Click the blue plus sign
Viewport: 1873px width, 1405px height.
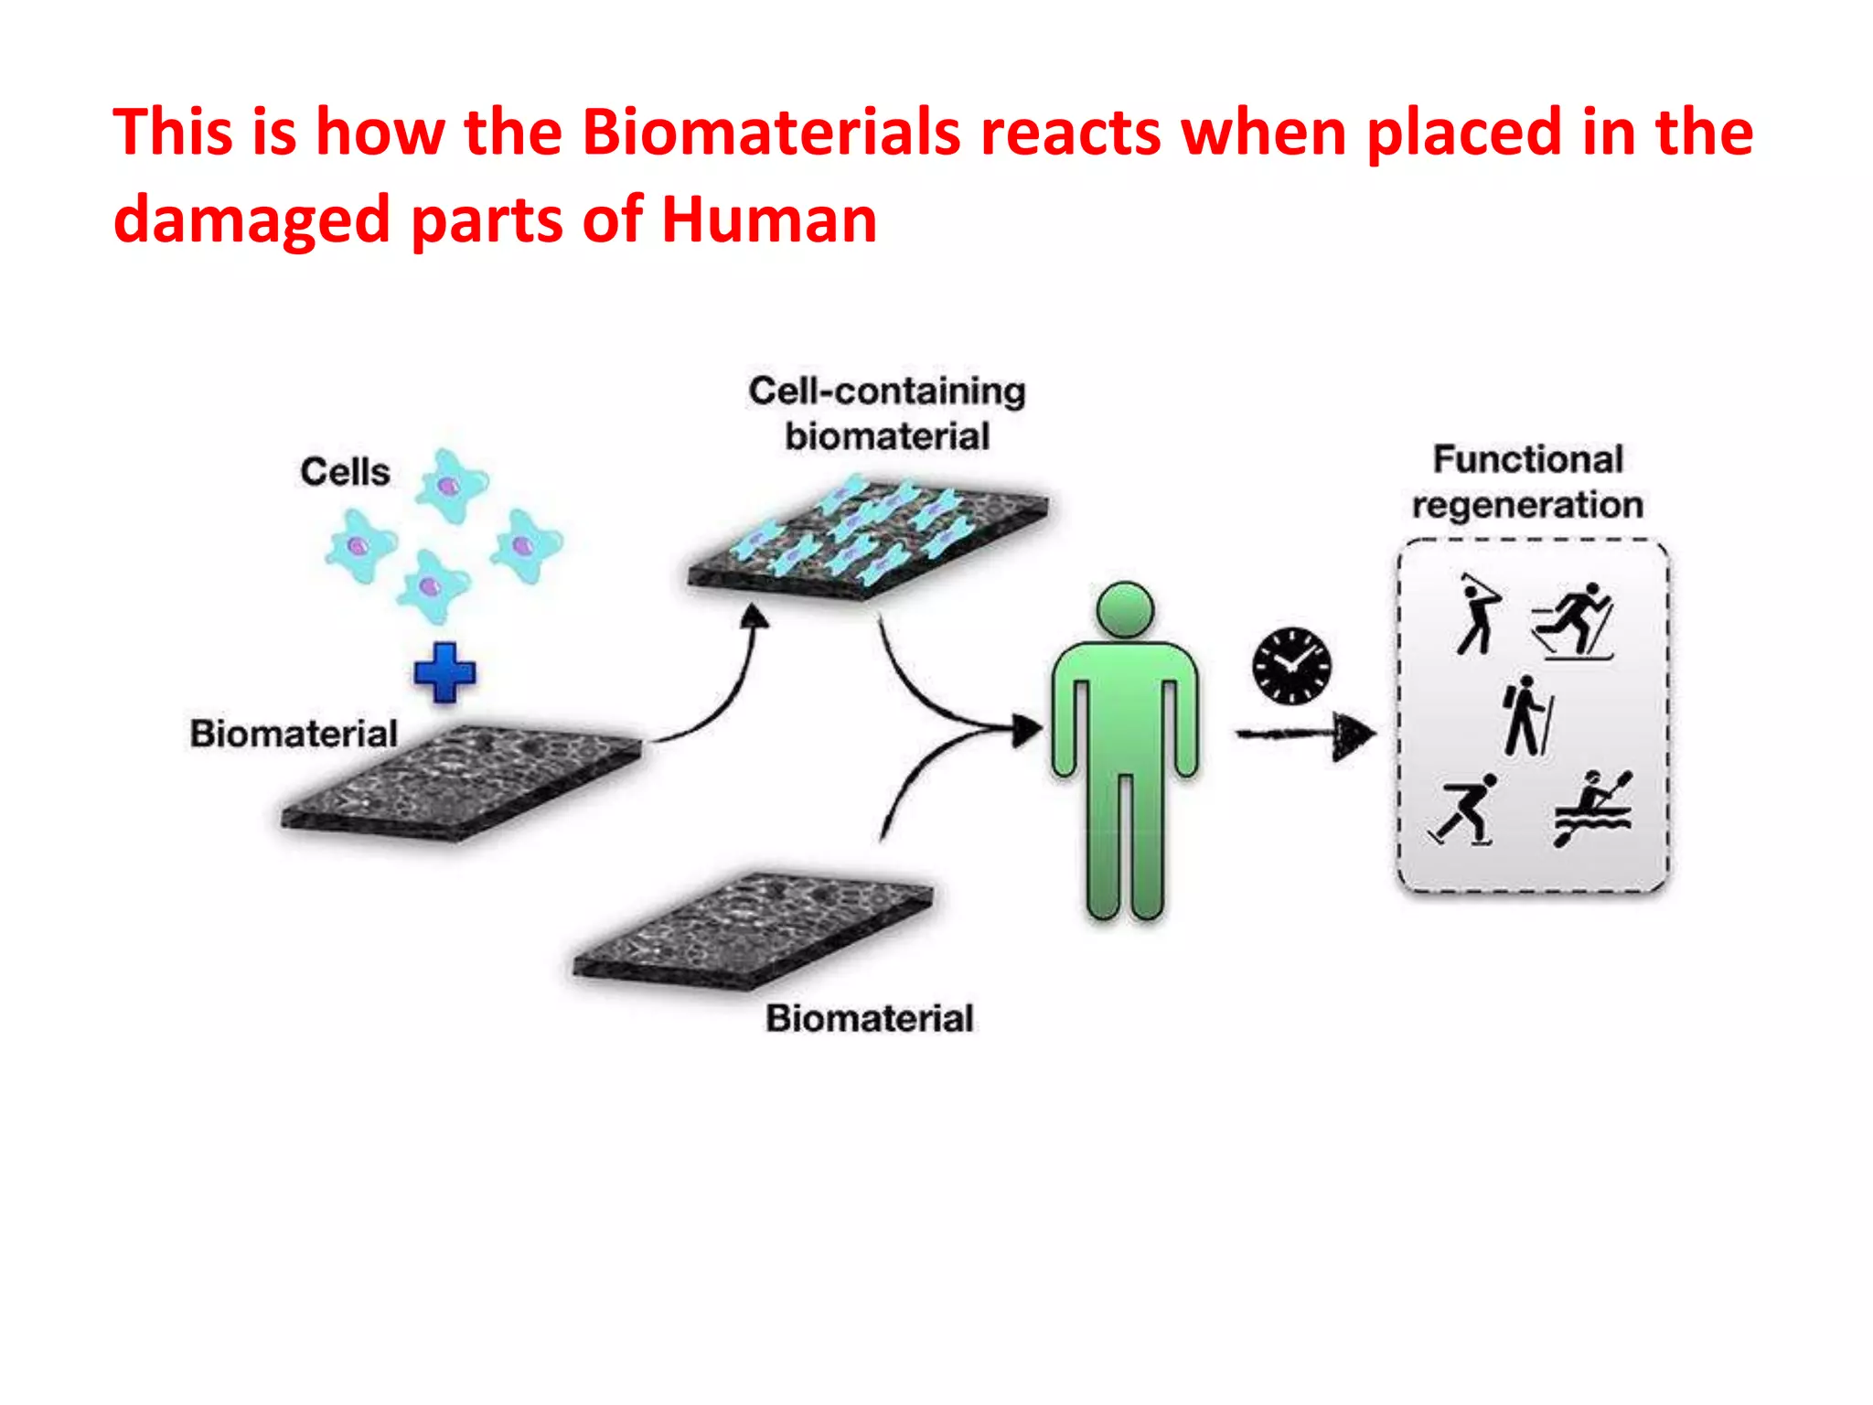[x=444, y=672]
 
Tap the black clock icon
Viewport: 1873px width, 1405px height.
[x=1291, y=665]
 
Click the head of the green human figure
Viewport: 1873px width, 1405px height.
[x=1125, y=609]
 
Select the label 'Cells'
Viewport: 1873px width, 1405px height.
[x=345, y=472]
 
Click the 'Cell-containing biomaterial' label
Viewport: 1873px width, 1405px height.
[x=886, y=413]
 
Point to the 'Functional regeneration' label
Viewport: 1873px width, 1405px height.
[x=1527, y=481]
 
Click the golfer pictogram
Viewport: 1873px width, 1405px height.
[x=1477, y=614]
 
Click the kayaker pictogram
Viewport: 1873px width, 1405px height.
[x=1592, y=808]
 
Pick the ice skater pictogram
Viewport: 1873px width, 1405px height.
[x=1465, y=810]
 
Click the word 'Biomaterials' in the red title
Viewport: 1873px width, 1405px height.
[x=771, y=131]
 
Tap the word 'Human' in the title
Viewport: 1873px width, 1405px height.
[x=768, y=220]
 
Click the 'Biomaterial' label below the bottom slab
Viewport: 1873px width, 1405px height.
[x=869, y=1018]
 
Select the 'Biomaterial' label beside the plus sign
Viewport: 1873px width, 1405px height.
[x=294, y=734]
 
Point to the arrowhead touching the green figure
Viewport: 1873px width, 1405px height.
[x=1027, y=730]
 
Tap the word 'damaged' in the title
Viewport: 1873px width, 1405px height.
[x=252, y=220]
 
